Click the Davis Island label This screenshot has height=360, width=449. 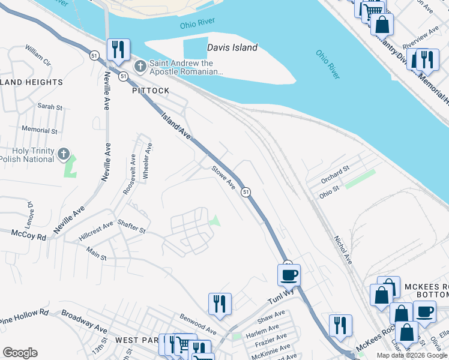[x=232, y=47]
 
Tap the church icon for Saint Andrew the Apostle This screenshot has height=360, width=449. [x=140, y=66]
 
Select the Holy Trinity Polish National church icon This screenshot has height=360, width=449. [x=64, y=155]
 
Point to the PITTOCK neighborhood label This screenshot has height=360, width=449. [x=151, y=91]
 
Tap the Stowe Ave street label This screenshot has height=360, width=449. [x=223, y=178]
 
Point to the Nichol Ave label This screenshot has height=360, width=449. [x=343, y=249]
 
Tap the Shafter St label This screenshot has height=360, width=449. [x=131, y=226]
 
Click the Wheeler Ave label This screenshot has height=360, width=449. [x=147, y=161]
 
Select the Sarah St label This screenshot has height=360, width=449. [x=50, y=107]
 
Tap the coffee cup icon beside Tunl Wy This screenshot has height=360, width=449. [x=288, y=275]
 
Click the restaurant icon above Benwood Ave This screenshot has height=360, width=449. [x=220, y=304]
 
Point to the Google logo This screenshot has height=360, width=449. [x=20, y=353]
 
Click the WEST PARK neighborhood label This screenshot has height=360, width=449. [x=136, y=340]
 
